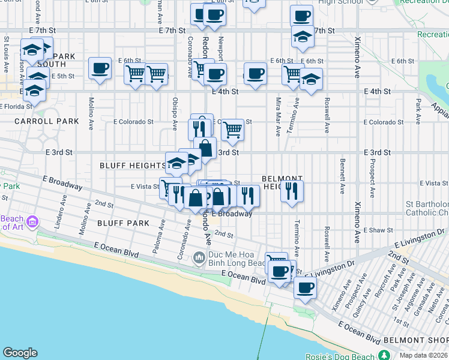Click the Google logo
click(20, 353)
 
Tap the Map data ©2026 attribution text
click(423, 355)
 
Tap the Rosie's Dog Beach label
click(345, 356)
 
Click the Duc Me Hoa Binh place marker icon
click(199, 259)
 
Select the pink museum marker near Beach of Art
click(32, 223)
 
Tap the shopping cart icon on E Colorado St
click(232, 129)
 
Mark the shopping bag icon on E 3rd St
click(205, 148)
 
